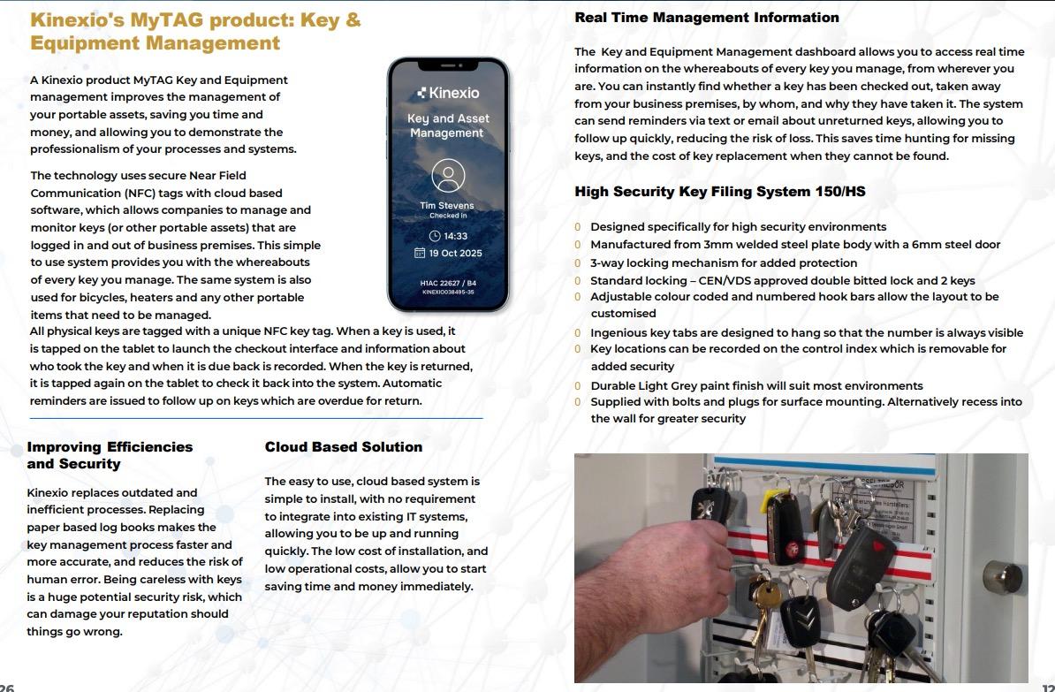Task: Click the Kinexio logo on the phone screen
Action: pos(448,92)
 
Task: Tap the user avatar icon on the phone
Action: pos(448,177)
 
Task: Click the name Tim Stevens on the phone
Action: pos(448,206)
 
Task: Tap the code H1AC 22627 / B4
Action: pos(448,283)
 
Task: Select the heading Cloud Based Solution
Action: pos(344,447)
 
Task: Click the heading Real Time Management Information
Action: pos(707,18)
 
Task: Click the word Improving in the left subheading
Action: pos(63,447)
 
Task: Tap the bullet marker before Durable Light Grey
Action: pos(578,386)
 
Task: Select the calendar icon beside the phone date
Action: pos(420,253)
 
